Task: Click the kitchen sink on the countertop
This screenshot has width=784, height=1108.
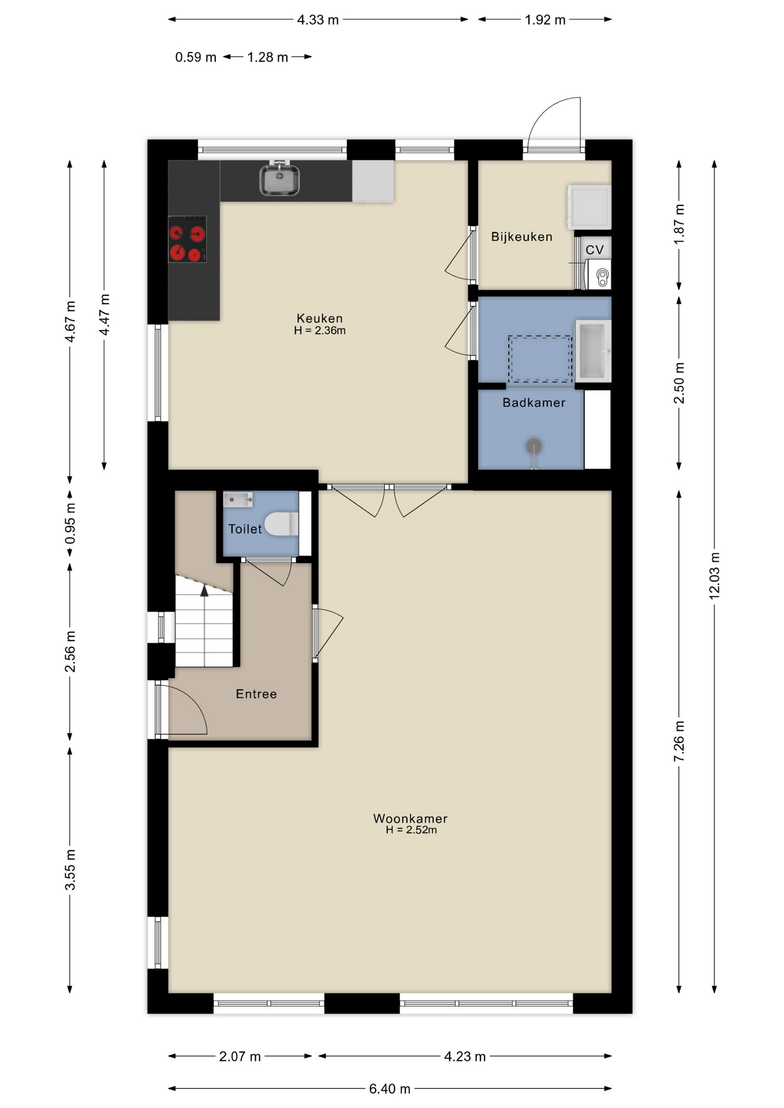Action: (279, 179)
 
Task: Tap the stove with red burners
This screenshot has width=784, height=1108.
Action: (187, 239)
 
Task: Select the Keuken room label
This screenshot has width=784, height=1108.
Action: (319, 318)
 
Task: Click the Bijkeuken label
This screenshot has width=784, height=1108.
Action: (521, 237)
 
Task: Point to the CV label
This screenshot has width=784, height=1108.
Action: (594, 250)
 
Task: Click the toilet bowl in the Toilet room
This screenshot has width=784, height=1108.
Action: (282, 523)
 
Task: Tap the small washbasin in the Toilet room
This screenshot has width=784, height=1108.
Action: (238, 499)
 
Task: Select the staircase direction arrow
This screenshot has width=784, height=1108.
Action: (204, 590)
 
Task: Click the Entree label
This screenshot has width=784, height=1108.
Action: (256, 694)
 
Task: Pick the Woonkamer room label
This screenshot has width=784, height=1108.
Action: (410, 818)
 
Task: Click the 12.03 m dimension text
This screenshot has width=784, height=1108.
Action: (714, 575)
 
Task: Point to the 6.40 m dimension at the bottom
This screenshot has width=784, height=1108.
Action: (390, 1089)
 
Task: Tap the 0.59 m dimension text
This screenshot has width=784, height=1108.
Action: (196, 57)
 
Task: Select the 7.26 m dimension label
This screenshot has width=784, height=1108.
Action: (679, 740)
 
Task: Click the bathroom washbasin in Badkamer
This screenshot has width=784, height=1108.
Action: (593, 351)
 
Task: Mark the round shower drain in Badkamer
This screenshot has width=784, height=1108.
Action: (533, 446)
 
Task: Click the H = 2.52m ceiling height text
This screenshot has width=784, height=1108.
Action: (411, 830)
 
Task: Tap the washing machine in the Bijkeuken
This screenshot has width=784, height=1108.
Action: (589, 207)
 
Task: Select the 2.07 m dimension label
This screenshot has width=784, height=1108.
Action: (240, 1057)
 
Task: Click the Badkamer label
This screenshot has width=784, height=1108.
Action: (533, 403)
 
